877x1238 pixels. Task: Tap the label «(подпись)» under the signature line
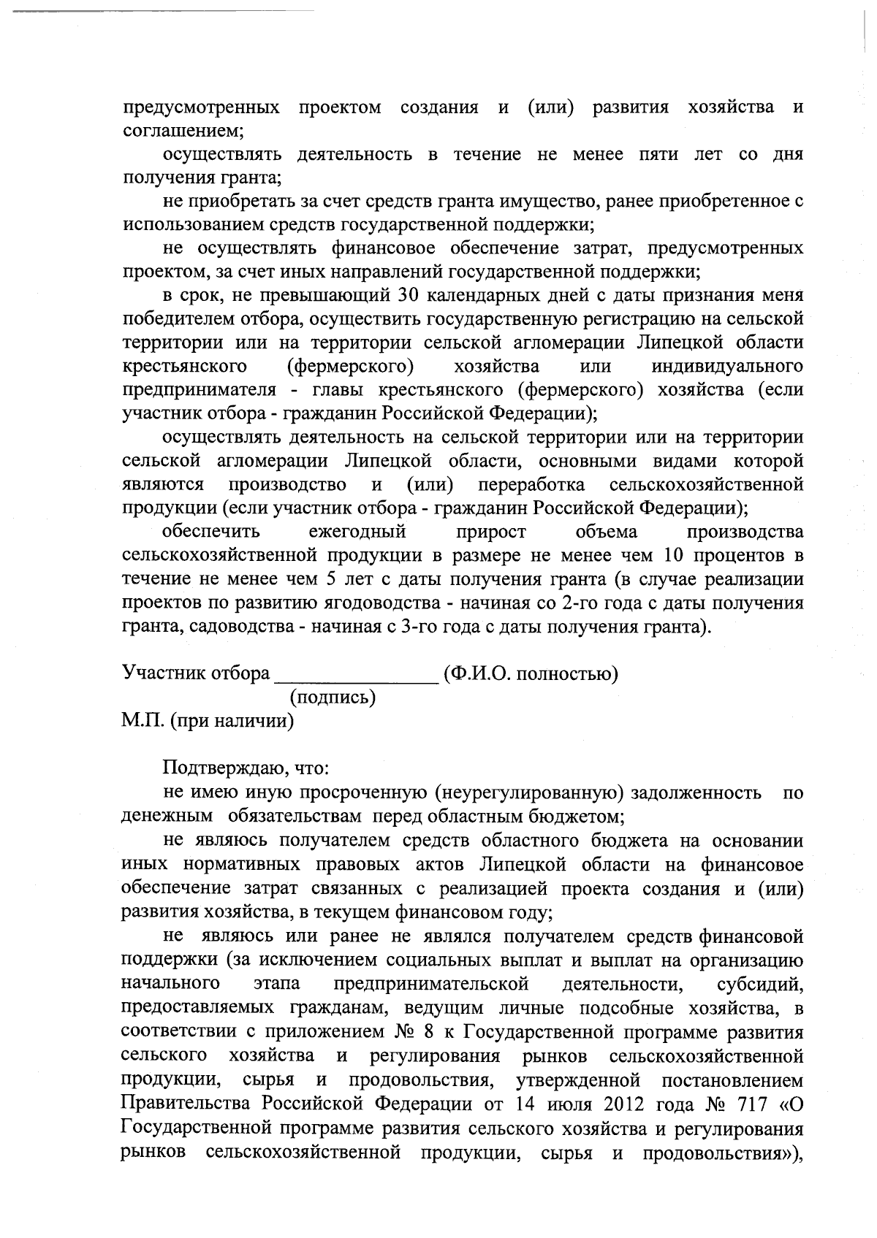333,698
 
